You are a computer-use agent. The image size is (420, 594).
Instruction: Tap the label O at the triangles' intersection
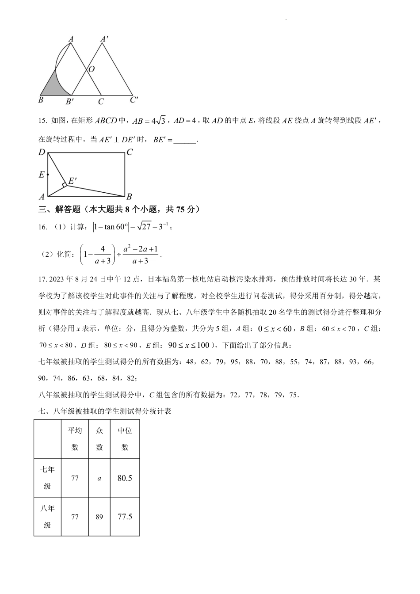pos(92,69)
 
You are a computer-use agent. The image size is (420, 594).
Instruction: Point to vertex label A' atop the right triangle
pos(104,39)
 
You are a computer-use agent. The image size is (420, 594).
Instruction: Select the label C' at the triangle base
pos(134,100)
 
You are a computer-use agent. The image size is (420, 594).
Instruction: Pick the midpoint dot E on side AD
pos(48,175)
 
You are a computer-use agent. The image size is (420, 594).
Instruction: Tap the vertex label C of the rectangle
pos(130,152)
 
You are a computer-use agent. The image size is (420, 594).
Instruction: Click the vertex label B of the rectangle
pos(129,197)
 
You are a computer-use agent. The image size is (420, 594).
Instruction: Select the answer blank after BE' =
pos(185,141)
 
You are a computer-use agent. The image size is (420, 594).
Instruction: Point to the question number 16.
pos(42,227)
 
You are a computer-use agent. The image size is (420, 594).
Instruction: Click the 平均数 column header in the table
pos(75,439)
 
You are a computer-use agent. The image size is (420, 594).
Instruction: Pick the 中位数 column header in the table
pos(125,439)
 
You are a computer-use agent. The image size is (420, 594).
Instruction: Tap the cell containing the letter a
pos(99,478)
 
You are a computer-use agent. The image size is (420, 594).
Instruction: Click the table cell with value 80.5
pos(125,478)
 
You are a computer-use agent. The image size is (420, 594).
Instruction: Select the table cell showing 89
pos(99,517)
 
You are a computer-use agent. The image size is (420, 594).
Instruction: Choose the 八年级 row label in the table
pos(47,517)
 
